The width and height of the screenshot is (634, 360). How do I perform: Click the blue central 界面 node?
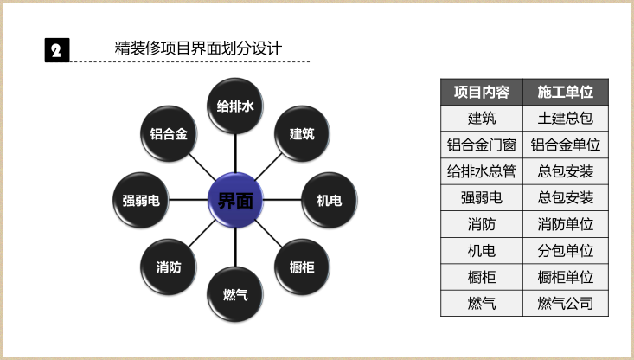tap(235, 201)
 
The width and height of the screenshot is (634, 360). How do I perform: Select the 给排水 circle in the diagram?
tap(235, 106)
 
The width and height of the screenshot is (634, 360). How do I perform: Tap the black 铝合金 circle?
tap(169, 134)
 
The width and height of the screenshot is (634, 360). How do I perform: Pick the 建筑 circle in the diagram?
tap(302, 134)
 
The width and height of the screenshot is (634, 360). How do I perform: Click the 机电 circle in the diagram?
tap(329, 201)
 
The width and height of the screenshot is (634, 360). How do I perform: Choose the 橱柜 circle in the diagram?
tap(302, 267)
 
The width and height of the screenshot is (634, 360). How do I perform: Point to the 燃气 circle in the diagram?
tap(235, 295)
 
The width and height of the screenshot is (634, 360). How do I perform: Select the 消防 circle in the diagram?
tap(169, 267)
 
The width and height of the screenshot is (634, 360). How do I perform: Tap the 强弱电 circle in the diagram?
tap(141, 201)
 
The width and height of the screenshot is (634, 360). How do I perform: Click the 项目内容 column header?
tap(482, 92)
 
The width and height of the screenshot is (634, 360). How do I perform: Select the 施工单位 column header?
tap(565, 92)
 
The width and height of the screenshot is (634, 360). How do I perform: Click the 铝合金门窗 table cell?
tap(482, 145)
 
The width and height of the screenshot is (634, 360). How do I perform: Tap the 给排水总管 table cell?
tap(482, 171)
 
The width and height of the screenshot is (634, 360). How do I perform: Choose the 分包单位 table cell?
tap(565, 251)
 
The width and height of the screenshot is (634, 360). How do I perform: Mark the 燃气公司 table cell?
tap(565, 304)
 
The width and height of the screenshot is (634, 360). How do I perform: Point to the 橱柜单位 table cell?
tap(565, 277)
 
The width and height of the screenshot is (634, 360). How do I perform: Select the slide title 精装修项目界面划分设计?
tap(198, 48)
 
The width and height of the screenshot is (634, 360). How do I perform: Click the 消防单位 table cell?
tap(565, 224)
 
